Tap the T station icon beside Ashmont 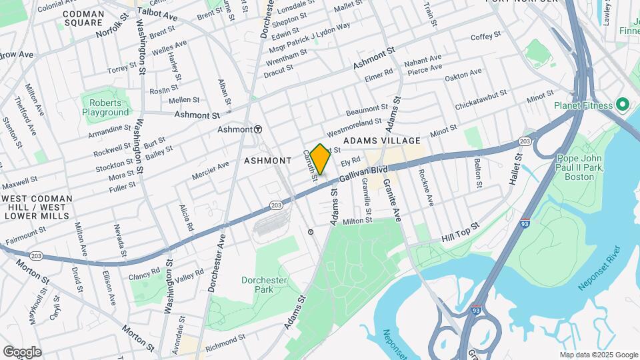point(257,129)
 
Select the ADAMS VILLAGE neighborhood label point(382,141)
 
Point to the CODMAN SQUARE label point(84,18)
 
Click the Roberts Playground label point(105,107)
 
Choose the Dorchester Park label point(264,285)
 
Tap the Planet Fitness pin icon point(623,105)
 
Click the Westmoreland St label point(353,126)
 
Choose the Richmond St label point(225,343)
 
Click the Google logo point(22,352)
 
